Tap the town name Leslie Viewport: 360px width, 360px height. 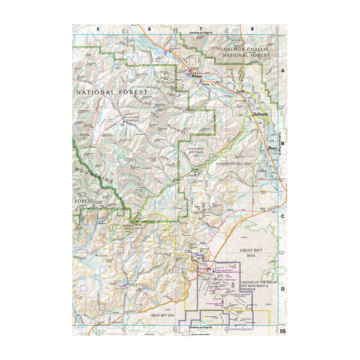pyautogui.click(x=241, y=91)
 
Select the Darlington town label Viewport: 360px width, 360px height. pyautogui.click(x=260, y=113)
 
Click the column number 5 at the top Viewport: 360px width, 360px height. pyautogui.click(x=98, y=29)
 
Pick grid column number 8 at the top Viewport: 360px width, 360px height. pyautogui.click(x=252, y=29)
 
